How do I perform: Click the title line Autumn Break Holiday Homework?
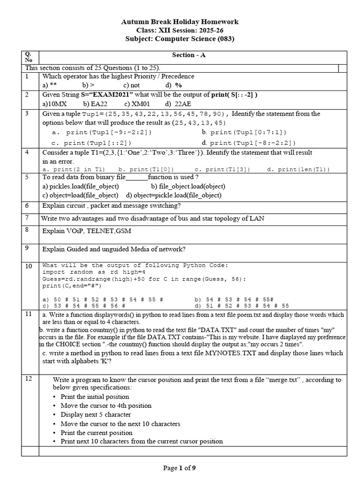point(180,22)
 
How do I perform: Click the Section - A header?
point(188,55)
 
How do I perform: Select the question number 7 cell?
point(27,217)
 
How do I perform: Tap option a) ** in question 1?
point(49,85)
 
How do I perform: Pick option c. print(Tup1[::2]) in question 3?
point(91,142)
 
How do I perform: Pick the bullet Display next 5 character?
point(96,414)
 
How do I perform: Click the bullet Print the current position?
point(97,432)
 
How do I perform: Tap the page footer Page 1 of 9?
point(180,467)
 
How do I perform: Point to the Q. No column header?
point(29,57)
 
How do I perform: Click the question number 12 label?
point(29,379)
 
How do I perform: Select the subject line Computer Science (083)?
point(180,39)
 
